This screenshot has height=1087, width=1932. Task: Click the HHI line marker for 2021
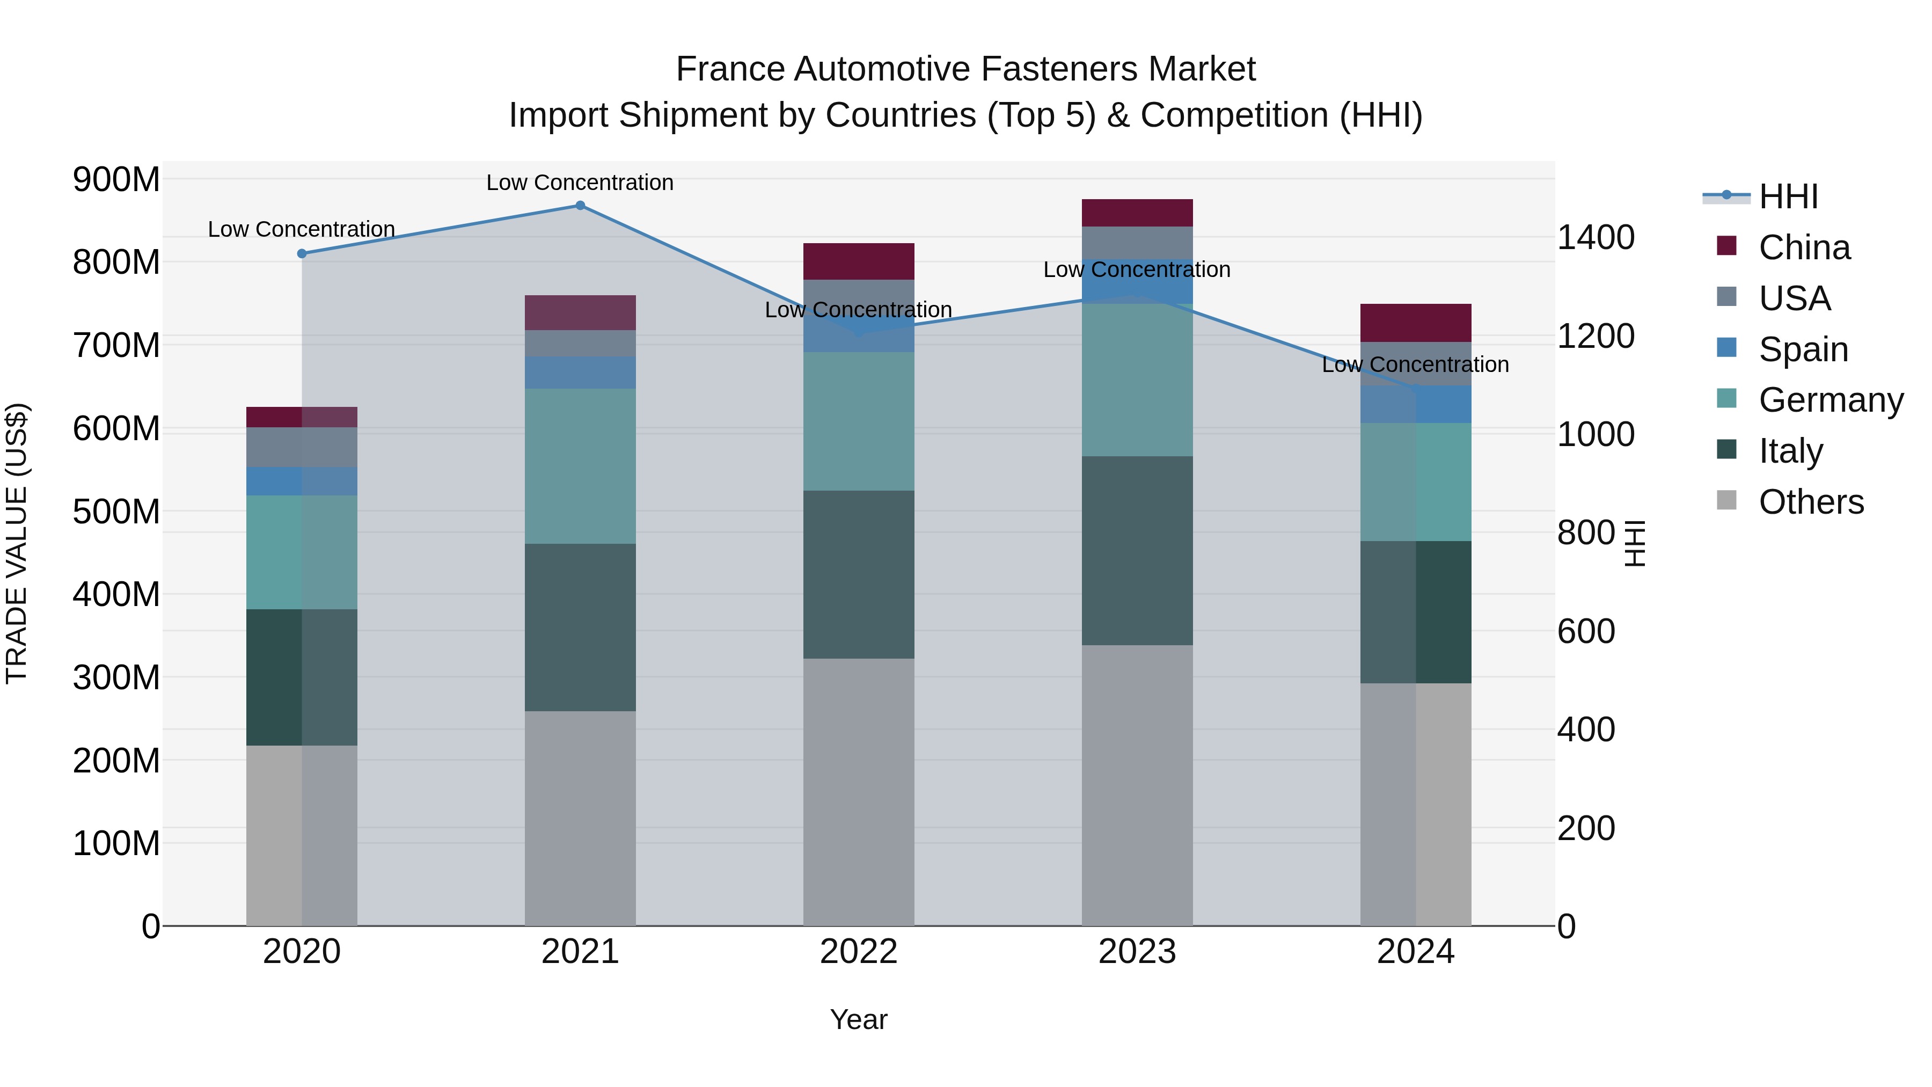point(580,206)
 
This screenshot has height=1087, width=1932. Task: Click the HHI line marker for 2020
point(302,253)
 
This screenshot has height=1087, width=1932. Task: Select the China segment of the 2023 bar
point(1137,213)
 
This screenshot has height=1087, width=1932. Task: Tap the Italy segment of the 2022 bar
point(859,574)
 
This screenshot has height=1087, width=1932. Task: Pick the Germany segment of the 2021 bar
point(580,466)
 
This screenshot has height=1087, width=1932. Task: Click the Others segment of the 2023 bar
point(1137,785)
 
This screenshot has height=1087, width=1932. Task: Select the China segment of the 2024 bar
point(1415,323)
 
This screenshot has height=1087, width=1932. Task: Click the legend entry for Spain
point(1803,349)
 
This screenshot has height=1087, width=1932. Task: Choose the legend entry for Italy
point(1790,451)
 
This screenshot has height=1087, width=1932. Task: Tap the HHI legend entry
point(1788,196)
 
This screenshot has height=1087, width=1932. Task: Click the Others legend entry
point(1811,502)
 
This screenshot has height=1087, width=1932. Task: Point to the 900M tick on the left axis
point(116,180)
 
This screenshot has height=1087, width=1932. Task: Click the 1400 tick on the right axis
point(1596,237)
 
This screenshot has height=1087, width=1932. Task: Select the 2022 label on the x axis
point(859,952)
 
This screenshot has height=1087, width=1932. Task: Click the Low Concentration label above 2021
point(580,183)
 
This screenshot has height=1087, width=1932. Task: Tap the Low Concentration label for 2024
point(1415,364)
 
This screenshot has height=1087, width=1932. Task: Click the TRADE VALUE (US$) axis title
point(17,543)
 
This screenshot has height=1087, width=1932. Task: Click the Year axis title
point(859,1019)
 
